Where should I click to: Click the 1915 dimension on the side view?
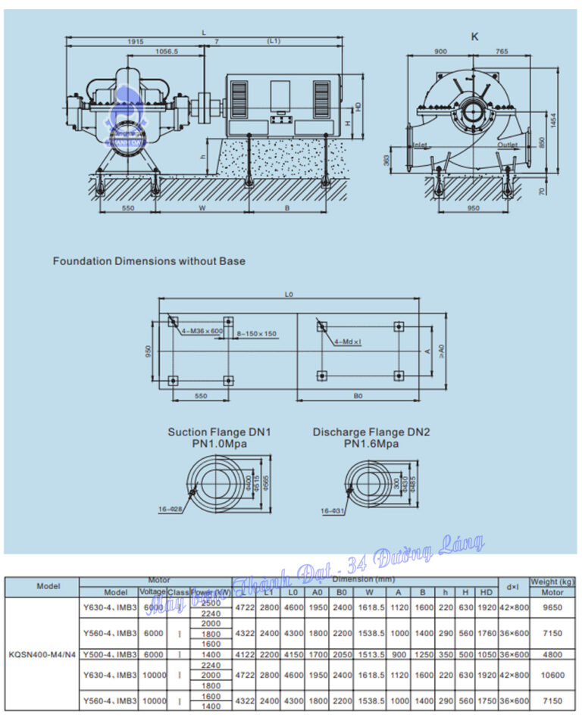[135, 41]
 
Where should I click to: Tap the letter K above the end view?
[475, 36]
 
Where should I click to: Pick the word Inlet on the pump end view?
[421, 145]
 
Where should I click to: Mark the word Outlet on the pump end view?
[507, 145]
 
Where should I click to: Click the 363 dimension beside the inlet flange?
[386, 161]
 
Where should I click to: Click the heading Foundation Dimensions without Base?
[149, 261]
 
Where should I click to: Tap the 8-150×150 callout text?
[255, 333]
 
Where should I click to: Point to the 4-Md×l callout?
[348, 342]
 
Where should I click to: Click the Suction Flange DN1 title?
[219, 432]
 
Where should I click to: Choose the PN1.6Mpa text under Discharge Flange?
[371, 444]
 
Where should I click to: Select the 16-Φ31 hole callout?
[333, 511]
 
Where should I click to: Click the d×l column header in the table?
[512, 586]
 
